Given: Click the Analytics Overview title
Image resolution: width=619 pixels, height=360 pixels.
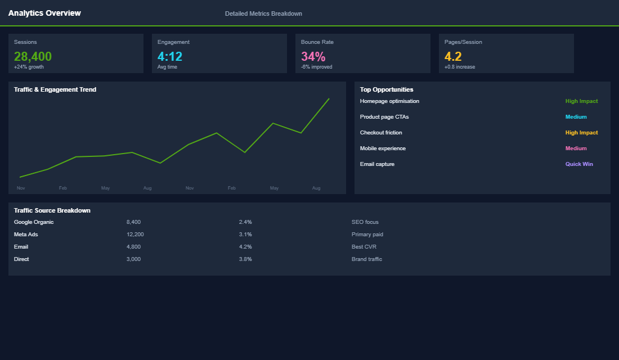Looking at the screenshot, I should [x=44, y=13].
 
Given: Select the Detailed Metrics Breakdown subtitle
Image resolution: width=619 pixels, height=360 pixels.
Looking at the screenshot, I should [x=263, y=13].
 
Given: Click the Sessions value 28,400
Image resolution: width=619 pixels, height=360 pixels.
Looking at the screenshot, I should [x=33, y=56].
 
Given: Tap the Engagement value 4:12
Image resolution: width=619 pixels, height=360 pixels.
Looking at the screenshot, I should [x=170, y=56].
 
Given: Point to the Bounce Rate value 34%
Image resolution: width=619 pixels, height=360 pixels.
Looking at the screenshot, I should [x=313, y=56].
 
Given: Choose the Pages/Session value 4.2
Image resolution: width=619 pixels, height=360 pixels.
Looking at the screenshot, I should [x=453, y=56].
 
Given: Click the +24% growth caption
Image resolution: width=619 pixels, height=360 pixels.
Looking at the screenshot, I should [x=29, y=67].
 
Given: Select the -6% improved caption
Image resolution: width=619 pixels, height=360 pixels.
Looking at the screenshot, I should [x=316, y=67].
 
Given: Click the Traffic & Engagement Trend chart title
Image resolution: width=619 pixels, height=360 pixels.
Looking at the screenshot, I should [x=55, y=89].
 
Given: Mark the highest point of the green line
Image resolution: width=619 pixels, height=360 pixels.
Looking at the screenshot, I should [x=329, y=98].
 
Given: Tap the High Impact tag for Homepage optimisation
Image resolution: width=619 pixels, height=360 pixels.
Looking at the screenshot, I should [x=581, y=101].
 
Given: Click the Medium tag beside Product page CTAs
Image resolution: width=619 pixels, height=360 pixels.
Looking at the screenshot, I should [x=576, y=117].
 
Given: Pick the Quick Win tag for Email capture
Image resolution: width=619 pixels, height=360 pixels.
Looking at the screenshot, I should [x=579, y=164].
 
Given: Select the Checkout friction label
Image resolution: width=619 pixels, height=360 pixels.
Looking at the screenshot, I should [x=381, y=133].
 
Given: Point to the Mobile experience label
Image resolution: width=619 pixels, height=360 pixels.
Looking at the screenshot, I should [x=383, y=148].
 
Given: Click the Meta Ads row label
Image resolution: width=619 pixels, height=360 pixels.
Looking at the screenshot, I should [x=26, y=235].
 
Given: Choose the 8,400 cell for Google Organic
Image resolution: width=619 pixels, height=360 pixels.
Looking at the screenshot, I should [x=133, y=222].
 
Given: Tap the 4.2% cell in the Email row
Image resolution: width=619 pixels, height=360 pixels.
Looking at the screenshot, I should [x=245, y=247].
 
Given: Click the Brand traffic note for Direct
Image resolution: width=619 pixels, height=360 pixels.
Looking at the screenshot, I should [x=366, y=259].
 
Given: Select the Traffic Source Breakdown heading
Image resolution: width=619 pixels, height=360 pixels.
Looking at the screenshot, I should [x=52, y=210].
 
